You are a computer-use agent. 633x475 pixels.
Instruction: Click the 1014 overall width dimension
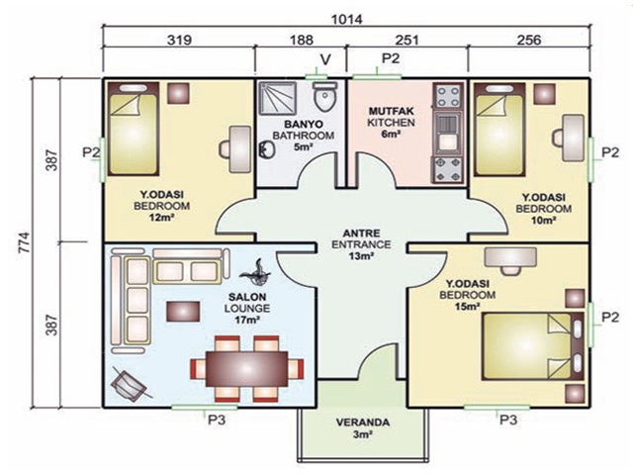347,19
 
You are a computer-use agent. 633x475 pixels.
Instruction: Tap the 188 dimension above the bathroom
301,40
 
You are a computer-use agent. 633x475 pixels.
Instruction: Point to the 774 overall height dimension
25,241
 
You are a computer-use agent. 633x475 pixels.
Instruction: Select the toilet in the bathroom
325,95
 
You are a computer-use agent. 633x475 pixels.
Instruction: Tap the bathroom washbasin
266,149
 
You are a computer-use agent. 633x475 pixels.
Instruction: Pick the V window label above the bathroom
325,59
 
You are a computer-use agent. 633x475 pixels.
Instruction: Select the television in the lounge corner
129,383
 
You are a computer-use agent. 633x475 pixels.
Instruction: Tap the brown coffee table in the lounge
183,311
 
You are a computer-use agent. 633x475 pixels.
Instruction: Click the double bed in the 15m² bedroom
533,346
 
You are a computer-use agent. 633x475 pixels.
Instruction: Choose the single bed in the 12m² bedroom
133,130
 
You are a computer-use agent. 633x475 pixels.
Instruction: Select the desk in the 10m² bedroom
573,139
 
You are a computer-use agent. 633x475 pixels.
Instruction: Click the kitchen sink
448,132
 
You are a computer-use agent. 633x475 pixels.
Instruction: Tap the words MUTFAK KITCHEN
391,117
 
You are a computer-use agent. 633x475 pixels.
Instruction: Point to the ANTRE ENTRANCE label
361,238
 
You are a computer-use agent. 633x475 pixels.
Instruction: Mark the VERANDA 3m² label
363,428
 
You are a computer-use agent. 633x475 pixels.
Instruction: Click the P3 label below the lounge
217,420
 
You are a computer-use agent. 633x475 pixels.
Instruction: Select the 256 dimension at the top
528,40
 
